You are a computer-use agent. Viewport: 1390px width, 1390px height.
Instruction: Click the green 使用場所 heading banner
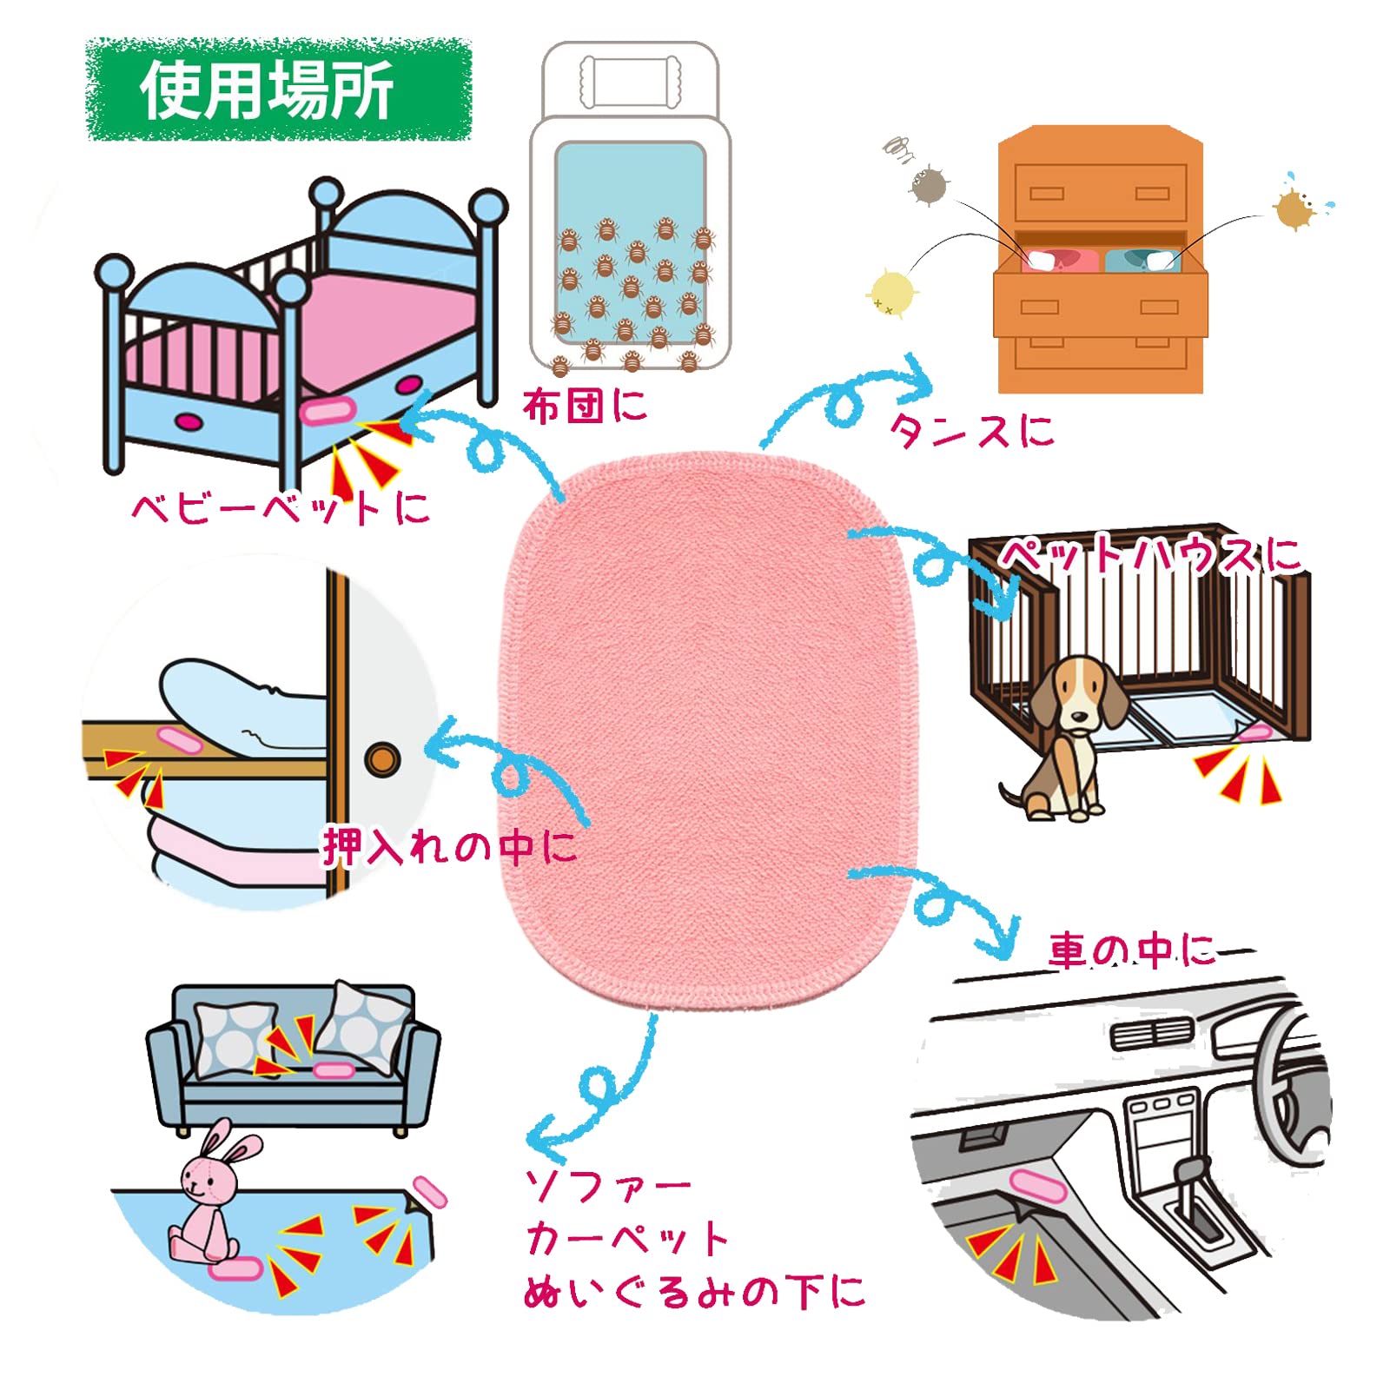coord(278,89)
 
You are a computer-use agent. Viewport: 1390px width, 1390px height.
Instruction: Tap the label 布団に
coord(584,406)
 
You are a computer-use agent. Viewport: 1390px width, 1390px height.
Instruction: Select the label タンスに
coord(971,429)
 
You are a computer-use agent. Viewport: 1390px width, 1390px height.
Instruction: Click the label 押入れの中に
coord(449,846)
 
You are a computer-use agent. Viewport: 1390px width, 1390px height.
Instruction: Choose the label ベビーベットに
coord(280,507)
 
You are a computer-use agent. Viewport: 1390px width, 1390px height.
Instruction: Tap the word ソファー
coord(607,1186)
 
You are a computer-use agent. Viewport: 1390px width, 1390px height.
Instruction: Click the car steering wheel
coord(1286,1077)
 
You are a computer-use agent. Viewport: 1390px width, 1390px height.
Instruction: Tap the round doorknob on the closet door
coord(381,759)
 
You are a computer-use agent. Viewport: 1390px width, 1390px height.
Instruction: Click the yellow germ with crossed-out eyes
coord(890,292)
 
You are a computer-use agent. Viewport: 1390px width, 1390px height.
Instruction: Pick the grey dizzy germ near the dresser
coord(929,184)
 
